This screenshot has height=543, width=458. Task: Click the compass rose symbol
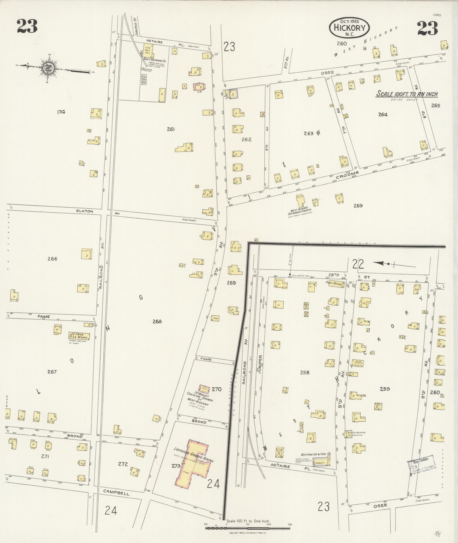coord(48,68)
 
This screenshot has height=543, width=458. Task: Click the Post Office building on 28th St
coord(335,284)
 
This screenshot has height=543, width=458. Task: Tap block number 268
coord(157,321)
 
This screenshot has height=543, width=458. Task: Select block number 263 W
coord(312,133)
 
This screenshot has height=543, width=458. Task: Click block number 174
coord(61,112)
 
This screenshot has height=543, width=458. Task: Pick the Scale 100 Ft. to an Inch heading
coord(407,94)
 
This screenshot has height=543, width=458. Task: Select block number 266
coord(53,259)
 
